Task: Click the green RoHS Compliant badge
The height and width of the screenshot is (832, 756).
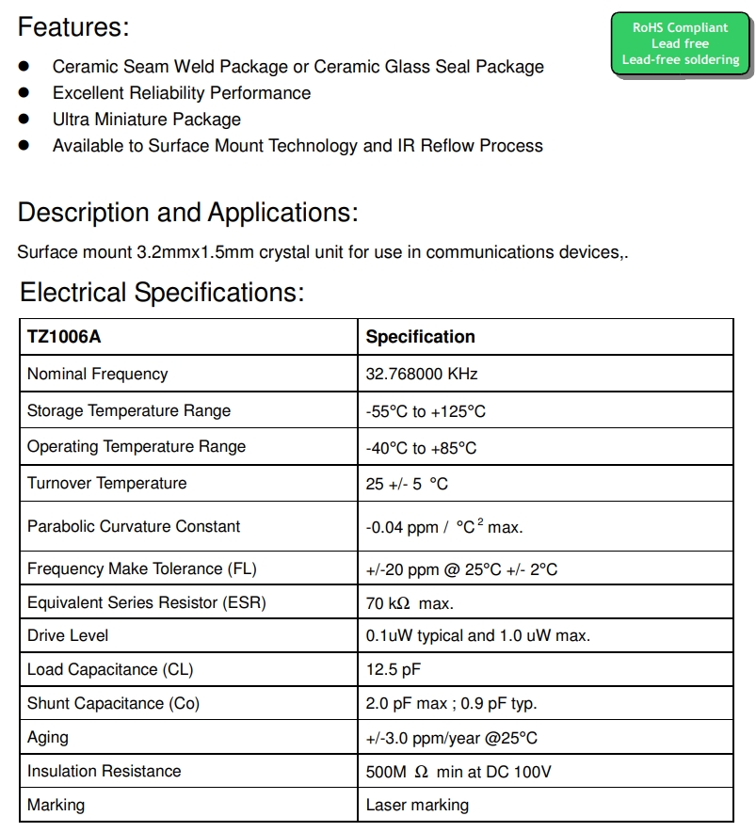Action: [680, 44]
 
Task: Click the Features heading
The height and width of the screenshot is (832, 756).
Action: [73, 27]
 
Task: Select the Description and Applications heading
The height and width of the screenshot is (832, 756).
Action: [187, 213]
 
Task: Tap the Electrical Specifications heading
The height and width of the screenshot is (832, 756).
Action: [162, 293]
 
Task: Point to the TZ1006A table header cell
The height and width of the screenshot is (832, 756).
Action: [64, 337]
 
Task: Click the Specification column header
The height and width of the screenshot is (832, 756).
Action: [420, 337]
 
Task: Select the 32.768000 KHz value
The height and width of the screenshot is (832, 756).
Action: [422, 374]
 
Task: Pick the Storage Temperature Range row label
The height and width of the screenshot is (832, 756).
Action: [129, 410]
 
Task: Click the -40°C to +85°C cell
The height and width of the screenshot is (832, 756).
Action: [421, 447]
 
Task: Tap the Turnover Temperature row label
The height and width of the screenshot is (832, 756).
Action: [107, 483]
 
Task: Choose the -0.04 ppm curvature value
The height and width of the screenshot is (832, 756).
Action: [443, 527]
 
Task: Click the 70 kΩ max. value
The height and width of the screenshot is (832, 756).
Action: [410, 602]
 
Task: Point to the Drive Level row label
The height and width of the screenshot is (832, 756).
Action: [68, 635]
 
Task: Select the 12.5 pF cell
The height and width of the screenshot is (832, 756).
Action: [393, 669]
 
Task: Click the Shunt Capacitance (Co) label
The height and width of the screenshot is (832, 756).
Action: [113, 703]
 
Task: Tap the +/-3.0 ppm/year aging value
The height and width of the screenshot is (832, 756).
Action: [451, 738]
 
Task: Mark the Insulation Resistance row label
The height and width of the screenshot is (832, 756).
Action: [104, 771]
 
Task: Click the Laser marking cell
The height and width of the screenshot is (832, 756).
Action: [417, 805]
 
